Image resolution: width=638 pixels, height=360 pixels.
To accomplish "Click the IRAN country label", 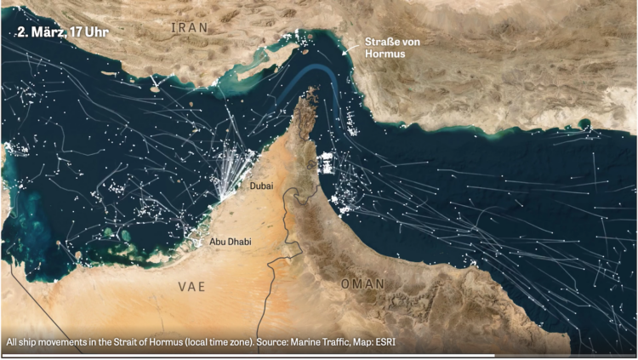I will coord(190,28).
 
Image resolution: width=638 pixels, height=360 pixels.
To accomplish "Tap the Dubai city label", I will coord(263,185).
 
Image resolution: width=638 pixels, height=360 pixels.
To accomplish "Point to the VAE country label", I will coord(191,286).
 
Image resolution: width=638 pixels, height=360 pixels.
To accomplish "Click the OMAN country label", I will coord(363,283).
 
